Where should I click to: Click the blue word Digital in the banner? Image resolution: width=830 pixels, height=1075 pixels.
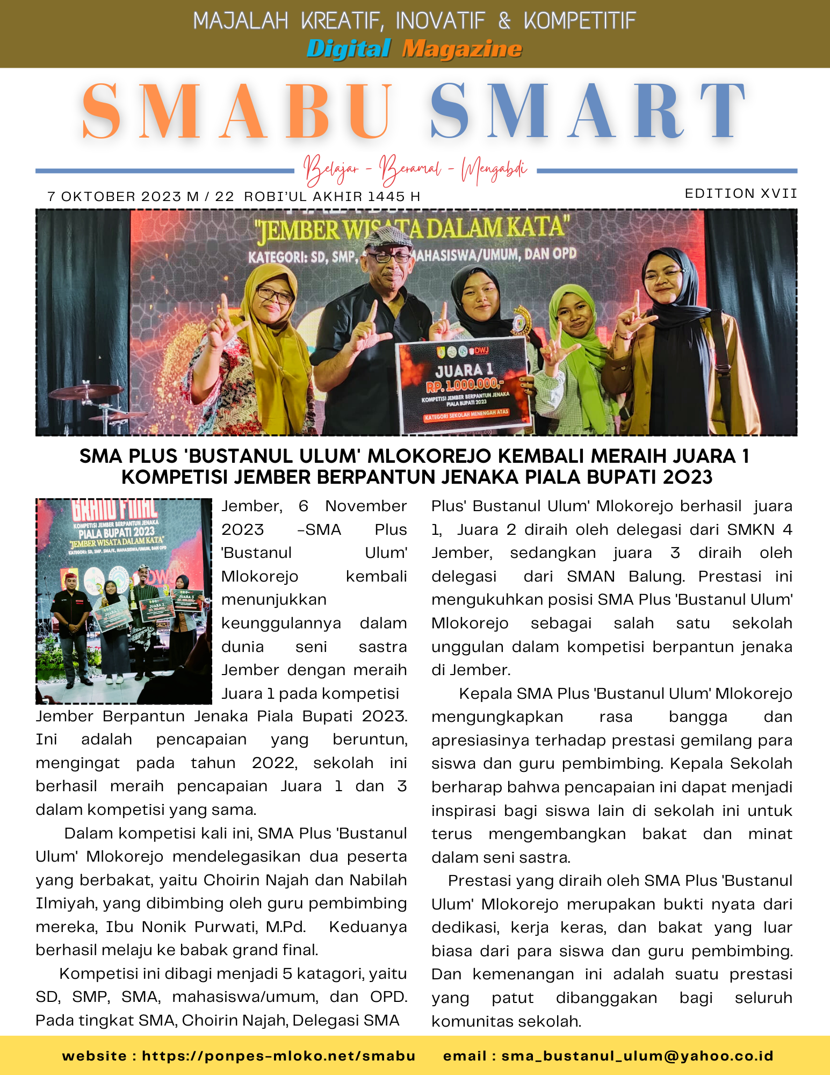click(x=349, y=49)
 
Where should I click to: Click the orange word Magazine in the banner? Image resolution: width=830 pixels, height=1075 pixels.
click(x=462, y=49)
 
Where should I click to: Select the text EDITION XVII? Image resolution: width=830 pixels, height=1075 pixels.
click(x=741, y=193)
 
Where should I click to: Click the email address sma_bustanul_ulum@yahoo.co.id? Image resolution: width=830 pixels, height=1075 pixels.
click(x=637, y=1056)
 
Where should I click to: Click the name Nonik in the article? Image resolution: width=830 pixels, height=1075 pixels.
click(x=164, y=927)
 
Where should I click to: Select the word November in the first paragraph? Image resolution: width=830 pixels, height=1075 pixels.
click(x=366, y=506)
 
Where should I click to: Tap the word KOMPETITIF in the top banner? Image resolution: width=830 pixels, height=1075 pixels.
click(x=580, y=21)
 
